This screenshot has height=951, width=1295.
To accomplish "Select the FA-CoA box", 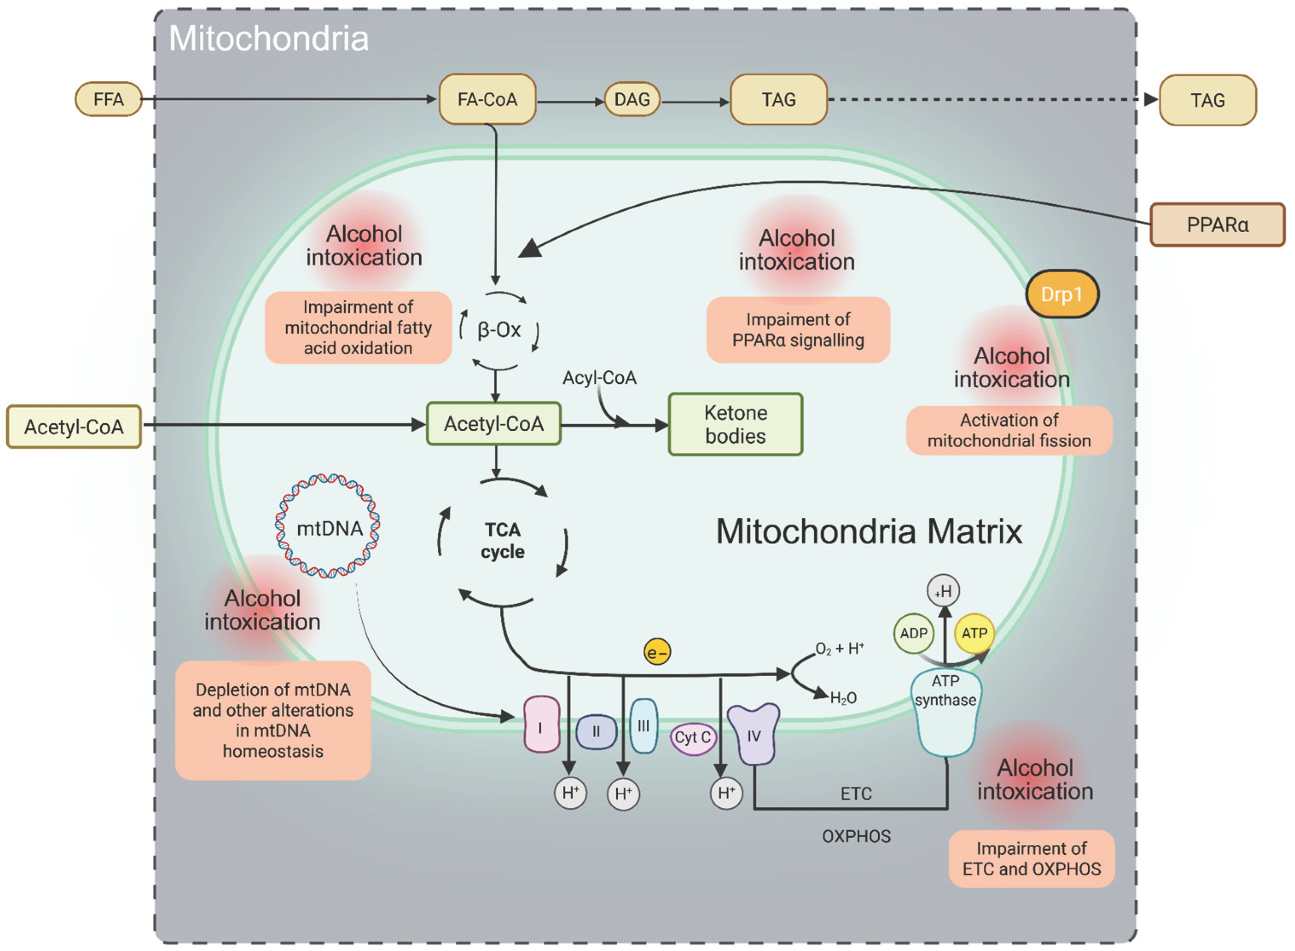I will coord(487,100).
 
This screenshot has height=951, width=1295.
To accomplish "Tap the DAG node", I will coord(632,100).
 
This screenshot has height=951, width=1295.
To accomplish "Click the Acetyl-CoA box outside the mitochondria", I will coord(74,426).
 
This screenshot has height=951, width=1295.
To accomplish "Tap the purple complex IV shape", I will coord(753,733).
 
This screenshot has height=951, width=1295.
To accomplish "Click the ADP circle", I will coord(913,633).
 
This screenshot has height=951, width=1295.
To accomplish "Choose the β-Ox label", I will coord(499,330).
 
